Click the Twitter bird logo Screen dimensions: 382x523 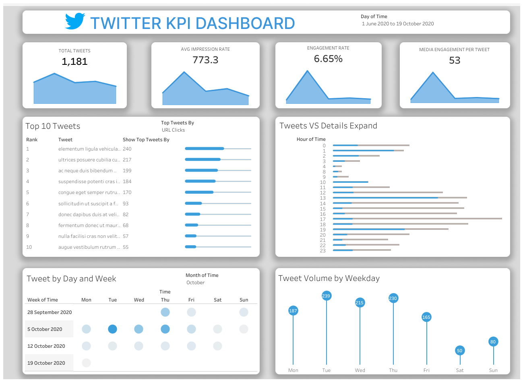tap(75, 21)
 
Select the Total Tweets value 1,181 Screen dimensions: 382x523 tap(74, 62)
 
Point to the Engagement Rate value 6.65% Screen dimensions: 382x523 tap(328, 59)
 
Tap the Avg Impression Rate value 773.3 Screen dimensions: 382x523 tap(205, 60)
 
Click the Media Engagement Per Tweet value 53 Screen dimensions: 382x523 tap(455, 60)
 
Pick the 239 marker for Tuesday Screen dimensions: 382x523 tap(326, 296)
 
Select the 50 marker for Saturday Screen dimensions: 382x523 tap(459, 351)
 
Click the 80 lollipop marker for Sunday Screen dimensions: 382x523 tap(493, 342)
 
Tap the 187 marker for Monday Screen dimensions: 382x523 tap(293, 311)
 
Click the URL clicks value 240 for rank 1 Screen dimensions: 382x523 tap(127, 149)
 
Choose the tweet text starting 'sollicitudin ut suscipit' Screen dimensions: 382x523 tap(88, 204)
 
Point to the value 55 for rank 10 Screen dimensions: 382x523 tap(126, 247)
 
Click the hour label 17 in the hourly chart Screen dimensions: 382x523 tap(322, 219)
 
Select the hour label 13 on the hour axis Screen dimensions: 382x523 tap(322, 198)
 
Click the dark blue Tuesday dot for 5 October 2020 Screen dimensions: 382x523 tap(113, 329)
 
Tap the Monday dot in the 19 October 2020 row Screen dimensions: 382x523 tap(86, 363)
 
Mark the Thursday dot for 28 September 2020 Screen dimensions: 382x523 tap(165, 312)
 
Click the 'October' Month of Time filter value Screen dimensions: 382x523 tap(195, 283)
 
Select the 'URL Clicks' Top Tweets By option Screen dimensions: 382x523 tap(173, 130)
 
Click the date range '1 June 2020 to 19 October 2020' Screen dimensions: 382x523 tap(398, 24)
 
